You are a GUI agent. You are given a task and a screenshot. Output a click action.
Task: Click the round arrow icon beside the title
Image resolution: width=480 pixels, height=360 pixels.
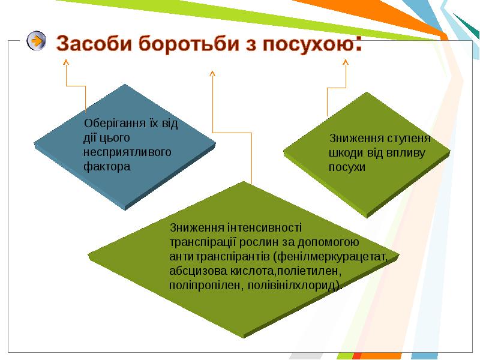(37, 41)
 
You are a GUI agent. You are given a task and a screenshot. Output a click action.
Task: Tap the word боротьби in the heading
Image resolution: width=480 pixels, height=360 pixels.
(188, 43)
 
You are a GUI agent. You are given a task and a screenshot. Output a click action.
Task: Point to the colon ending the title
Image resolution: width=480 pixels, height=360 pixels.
(359, 44)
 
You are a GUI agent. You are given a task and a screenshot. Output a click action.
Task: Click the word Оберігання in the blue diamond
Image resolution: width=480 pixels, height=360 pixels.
(115, 124)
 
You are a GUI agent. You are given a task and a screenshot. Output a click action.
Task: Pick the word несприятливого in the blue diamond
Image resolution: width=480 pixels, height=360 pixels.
(127, 152)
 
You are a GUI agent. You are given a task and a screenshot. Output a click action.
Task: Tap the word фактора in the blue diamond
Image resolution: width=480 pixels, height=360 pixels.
(107, 167)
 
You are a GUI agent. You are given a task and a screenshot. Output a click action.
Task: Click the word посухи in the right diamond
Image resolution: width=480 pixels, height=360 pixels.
(347, 167)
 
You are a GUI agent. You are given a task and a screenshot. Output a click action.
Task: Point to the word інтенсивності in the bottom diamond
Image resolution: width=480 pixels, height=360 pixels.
(265, 228)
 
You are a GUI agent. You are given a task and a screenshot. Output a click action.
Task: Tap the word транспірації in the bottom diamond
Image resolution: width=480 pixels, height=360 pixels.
(203, 242)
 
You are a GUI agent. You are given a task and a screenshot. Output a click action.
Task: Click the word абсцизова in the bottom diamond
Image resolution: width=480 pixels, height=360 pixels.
(198, 271)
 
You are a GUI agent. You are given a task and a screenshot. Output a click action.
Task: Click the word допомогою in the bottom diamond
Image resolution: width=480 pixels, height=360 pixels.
(328, 242)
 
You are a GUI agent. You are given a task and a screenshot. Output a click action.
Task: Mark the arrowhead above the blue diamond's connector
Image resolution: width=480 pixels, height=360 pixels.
(66, 62)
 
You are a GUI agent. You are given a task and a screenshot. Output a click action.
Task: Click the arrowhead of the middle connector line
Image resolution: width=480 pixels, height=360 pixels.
(212, 73)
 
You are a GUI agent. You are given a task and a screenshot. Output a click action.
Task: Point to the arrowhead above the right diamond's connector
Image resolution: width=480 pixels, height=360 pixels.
(346, 62)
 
